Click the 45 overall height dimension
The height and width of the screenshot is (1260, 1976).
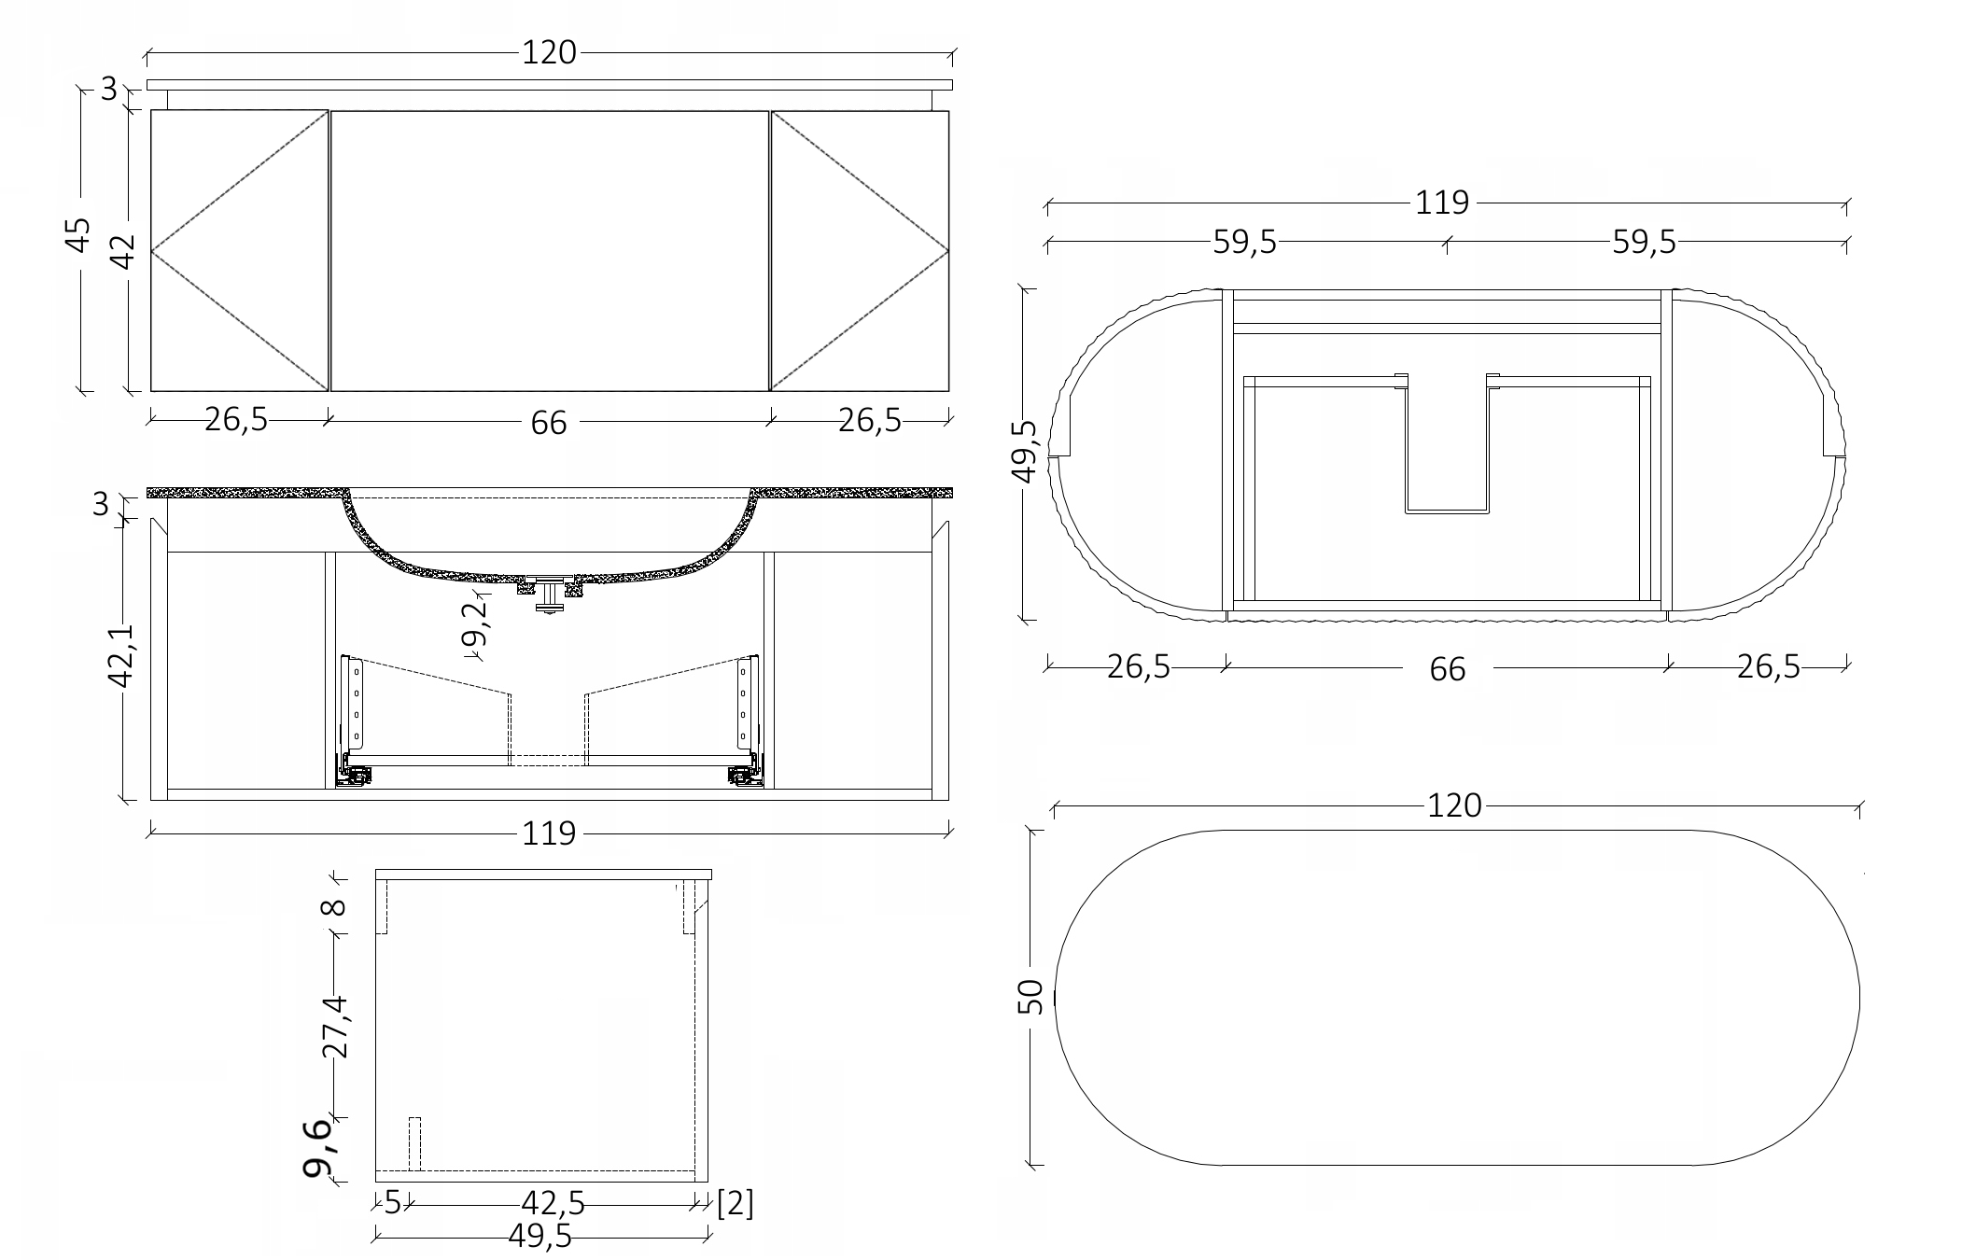click(x=80, y=234)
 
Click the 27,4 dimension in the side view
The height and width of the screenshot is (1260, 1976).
click(x=335, y=1026)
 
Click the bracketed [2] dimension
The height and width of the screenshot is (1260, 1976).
click(x=736, y=1203)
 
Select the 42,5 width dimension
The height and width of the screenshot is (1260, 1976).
click(x=554, y=1204)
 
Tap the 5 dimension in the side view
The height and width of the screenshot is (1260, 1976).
click(x=393, y=1203)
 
